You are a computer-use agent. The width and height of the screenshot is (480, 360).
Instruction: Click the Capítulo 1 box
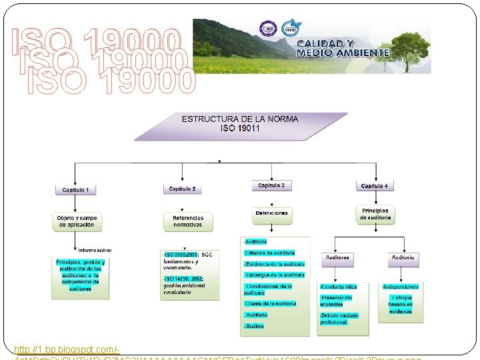(80, 190)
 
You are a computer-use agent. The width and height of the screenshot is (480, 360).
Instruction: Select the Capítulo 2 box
(182, 189)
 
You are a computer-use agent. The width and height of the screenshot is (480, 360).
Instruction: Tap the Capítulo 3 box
(271, 185)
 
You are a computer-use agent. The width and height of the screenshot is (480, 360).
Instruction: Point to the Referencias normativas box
(187, 221)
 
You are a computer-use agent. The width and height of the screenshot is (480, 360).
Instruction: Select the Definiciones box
(271, 213)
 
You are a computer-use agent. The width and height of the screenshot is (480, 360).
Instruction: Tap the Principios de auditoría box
(375, 214)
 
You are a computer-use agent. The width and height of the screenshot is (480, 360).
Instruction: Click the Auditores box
(339, 257)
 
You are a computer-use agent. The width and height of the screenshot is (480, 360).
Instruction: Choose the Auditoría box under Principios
(405, 257)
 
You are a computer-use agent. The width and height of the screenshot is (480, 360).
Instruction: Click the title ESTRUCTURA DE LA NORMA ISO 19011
(240, 123)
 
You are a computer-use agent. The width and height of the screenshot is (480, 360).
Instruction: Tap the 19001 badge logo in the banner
(289, 28)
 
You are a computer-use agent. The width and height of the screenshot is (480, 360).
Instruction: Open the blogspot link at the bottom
(67, 349)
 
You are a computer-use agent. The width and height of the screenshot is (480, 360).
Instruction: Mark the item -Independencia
(401, 287)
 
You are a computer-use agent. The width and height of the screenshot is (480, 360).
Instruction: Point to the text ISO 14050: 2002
(183, 279)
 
